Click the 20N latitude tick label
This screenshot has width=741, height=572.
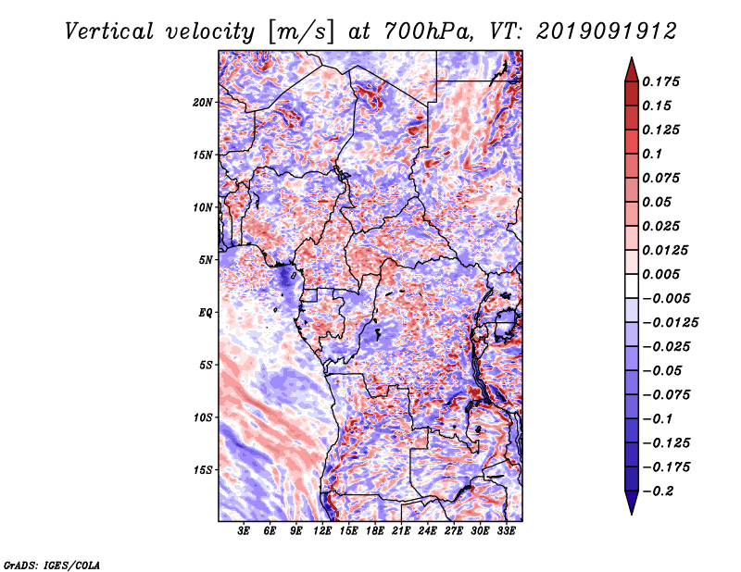203,103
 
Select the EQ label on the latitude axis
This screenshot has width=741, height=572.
206,313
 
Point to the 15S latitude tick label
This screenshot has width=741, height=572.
203,470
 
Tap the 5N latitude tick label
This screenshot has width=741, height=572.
206,260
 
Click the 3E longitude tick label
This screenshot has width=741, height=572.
244,531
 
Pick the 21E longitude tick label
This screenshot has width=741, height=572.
401,531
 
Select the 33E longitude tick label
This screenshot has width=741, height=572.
506,531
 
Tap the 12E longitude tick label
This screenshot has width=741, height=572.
322,531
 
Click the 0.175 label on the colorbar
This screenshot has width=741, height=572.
660,82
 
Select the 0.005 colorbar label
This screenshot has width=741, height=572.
660,275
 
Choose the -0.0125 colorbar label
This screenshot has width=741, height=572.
671,323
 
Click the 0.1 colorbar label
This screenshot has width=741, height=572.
652,155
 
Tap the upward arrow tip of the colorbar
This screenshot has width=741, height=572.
632,57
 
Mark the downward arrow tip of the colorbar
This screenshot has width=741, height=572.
632,514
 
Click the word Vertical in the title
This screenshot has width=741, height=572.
109,31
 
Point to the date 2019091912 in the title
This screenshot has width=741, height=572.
607,31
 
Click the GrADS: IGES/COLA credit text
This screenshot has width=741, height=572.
52,565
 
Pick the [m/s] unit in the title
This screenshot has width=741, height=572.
301,31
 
